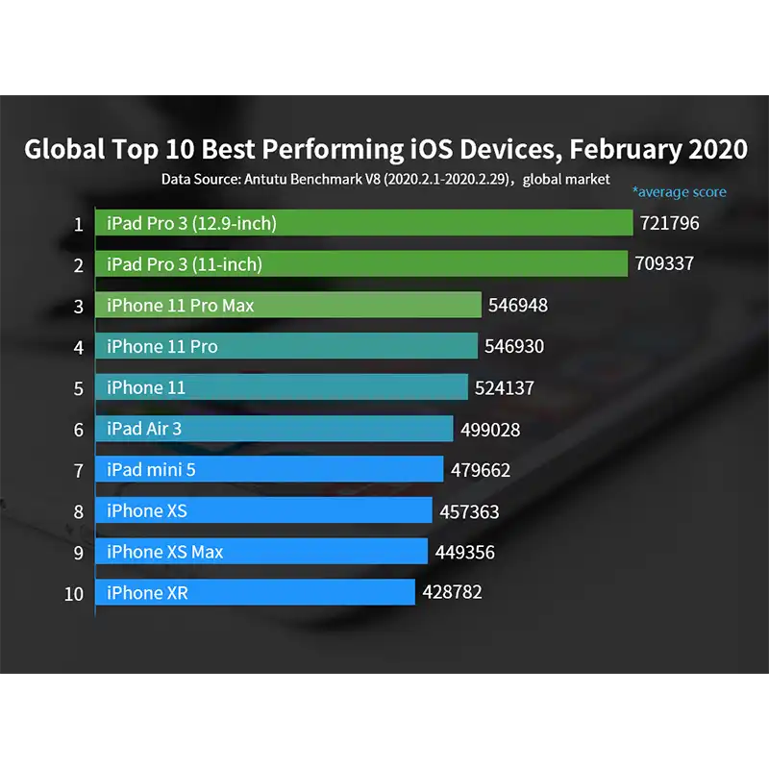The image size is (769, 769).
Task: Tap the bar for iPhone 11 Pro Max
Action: pos(288,306)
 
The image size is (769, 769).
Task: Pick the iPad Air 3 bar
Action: pos(274,429)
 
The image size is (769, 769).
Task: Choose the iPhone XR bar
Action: pos(255,593)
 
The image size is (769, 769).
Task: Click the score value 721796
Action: pos(670,224)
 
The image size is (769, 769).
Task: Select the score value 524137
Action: pos(505,387)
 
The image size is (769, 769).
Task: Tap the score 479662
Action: pos(481,470)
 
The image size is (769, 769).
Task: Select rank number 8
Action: pos(79,511)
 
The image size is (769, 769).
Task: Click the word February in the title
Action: pos(625,150)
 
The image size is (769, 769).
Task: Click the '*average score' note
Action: pos(679,192)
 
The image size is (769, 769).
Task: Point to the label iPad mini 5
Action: pos(151,470)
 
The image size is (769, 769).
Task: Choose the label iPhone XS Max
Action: pos(165,552)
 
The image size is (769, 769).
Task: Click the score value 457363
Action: pos(469,511)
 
